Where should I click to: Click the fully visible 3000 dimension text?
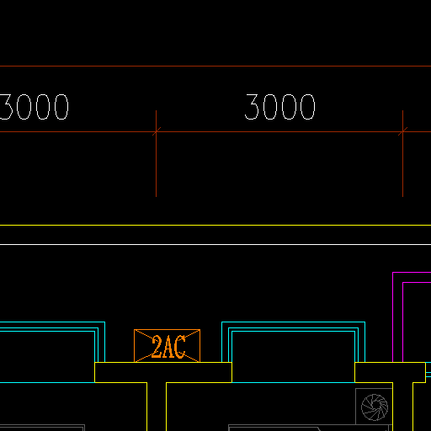click(280, 107)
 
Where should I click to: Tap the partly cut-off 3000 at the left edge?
click(35, 107)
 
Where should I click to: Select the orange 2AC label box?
click(167, 346)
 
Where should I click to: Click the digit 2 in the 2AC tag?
click(157, 347)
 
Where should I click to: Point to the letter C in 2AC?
click(180, 347)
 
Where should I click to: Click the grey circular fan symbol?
click(375, 407)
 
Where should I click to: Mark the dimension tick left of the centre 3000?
click(157, 131)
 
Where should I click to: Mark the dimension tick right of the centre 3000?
click(402, 131)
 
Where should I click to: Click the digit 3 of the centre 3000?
click(252, 107)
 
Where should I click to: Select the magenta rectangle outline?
click(393, 317)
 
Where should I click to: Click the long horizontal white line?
click(215, 245)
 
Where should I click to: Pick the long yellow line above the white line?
click(215, 225)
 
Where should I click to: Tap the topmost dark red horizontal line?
click(215, 67)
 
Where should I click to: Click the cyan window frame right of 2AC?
click(293, 322)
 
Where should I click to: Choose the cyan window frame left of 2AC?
click(104, 342)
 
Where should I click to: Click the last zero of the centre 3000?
click(308, 107)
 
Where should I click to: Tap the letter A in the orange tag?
click(168, 347)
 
